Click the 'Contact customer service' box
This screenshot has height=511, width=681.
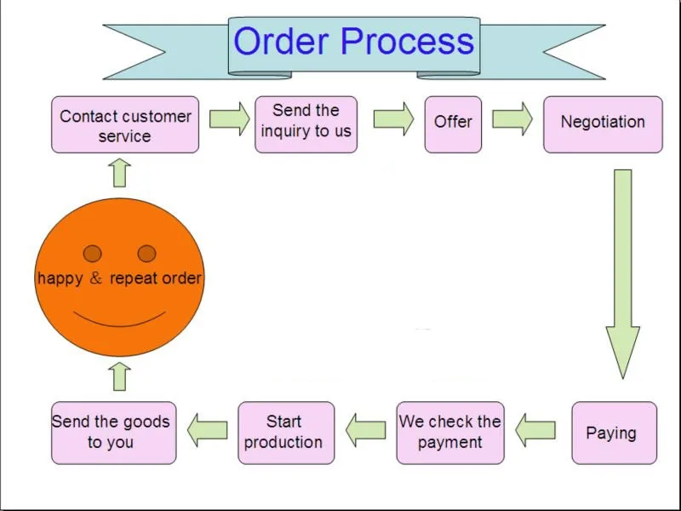click(125, 124)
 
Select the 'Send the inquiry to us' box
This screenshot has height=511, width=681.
click(306, 124)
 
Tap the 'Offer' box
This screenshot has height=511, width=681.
click(453, 124)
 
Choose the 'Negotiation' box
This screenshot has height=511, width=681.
click(603, 124)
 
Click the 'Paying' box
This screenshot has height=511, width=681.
click(614, 433)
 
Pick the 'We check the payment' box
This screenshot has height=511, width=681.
click(450, 433)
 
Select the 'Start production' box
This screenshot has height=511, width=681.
click(286, 433)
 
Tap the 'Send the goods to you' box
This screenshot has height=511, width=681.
click(114, 433)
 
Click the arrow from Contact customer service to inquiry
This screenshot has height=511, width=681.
click(230, 118)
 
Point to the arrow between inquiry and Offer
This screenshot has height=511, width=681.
click(394, 118)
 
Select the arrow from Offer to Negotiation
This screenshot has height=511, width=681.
click(512, 118)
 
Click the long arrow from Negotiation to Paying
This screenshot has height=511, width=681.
click(623, 273)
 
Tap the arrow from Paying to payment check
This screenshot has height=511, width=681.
click(535, 430)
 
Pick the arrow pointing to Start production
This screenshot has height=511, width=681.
click(366, 430)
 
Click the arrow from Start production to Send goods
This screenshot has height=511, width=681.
click(207, 430)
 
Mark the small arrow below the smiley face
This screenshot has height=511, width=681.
click(119, 376)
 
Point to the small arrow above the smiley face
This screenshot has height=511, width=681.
click(119, 173)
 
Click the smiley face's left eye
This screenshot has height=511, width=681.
click(93, 253)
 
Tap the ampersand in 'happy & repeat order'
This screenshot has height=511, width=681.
click(96, 278)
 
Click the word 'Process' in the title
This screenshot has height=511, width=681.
click(408, 41)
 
